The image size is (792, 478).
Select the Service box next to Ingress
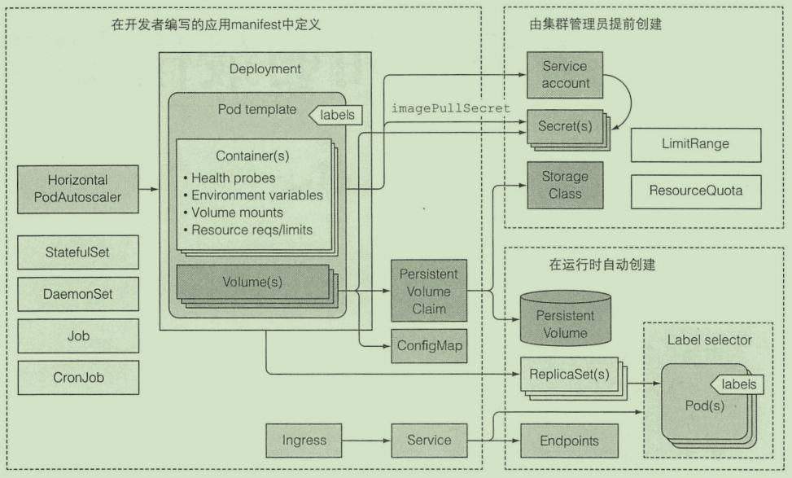[x=428, y=441]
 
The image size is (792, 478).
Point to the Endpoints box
[x=568, y=441]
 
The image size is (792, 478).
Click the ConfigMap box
[x=428, y=346]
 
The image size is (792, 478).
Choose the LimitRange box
[x=696, y=144]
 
